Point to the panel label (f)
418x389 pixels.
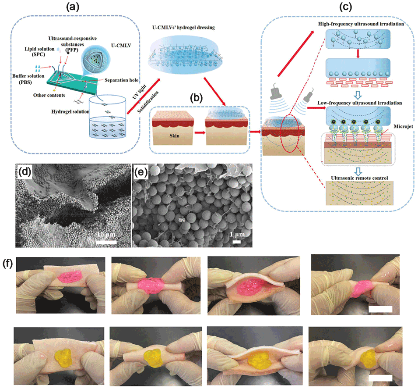9,265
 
